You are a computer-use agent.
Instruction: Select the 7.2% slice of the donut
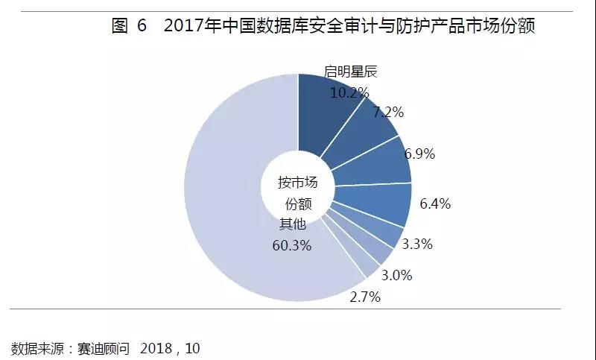(x=365, y=134)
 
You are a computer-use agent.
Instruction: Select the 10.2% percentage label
(x=349, y=92)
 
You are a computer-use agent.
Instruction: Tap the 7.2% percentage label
(x=388, y=113)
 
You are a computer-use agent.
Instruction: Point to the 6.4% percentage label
(x=435, y=203)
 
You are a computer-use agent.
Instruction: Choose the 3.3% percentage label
(x=418, y=244)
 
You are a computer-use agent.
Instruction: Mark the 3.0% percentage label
(x=396, y=275)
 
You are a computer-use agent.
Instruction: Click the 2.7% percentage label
(x=365, y=297)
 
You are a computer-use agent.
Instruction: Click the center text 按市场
(x=297, y=183)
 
